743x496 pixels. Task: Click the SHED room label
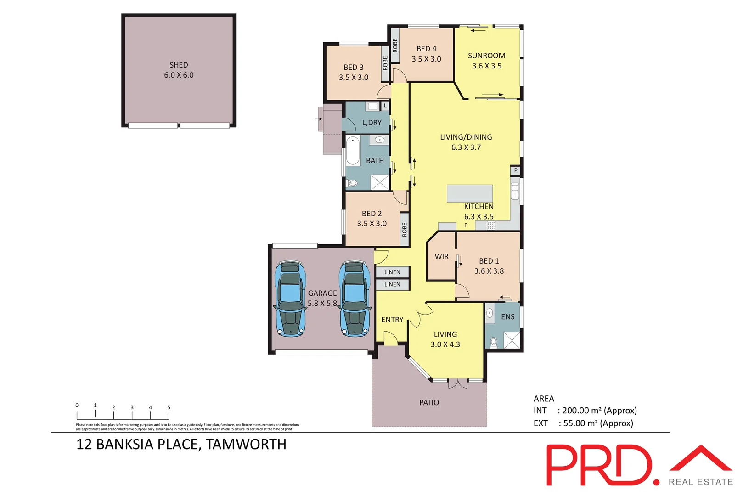tap(179, 65)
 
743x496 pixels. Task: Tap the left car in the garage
tap(290, 299)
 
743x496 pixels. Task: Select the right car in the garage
tap(355, 299)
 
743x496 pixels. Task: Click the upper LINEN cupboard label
tap(392, 272)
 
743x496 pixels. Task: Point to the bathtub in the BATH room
tap(353, 151)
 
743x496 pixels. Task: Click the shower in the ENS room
tap(512, 340)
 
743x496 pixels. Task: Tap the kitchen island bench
tap(470, 193)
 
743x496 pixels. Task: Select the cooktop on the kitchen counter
tap(491, 225)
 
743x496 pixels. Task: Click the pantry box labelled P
tap(515, 170)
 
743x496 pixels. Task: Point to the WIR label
tap(441, 257)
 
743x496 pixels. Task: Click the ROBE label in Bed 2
tap(405, 229)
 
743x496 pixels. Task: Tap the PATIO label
tap(429, 403)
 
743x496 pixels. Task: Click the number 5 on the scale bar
tap(169, 407)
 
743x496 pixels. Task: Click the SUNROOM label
tap(486, 56)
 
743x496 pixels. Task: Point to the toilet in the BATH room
tap(352, 184)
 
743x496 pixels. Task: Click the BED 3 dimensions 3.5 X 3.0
tap(353, 78)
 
